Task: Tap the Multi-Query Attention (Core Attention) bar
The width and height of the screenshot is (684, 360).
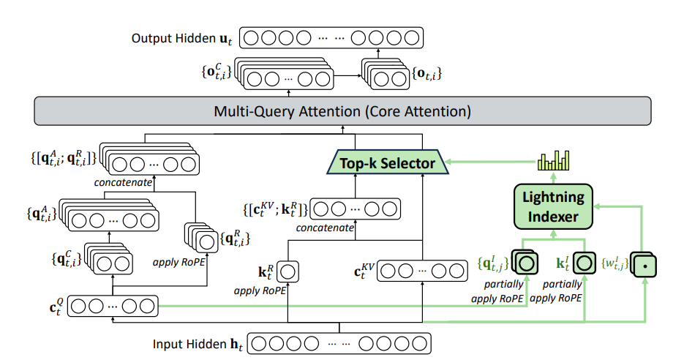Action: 342,112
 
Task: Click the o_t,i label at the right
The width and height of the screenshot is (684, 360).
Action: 428,73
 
